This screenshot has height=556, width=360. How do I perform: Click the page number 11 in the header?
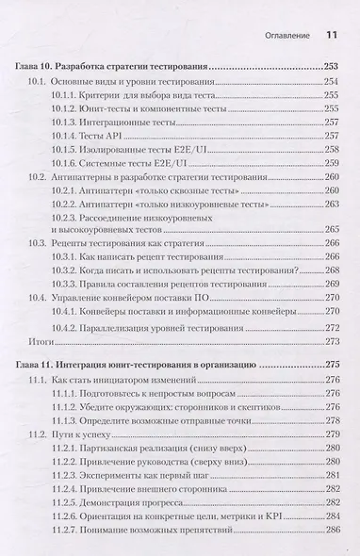(x=331, y=36)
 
